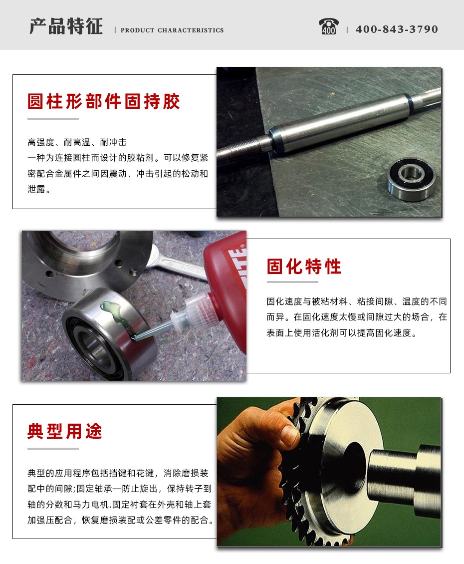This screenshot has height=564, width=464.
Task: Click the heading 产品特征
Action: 66,26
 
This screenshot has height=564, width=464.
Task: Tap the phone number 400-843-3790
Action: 397,29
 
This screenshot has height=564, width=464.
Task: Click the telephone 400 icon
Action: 328,26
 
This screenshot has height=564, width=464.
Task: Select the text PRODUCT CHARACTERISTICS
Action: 172,30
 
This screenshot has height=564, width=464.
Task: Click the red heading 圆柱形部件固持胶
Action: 104,101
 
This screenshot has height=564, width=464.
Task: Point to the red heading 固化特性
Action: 304,267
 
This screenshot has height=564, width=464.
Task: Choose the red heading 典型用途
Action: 65,431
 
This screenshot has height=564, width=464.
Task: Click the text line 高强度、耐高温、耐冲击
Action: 77,142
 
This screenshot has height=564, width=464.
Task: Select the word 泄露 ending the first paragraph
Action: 36,189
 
